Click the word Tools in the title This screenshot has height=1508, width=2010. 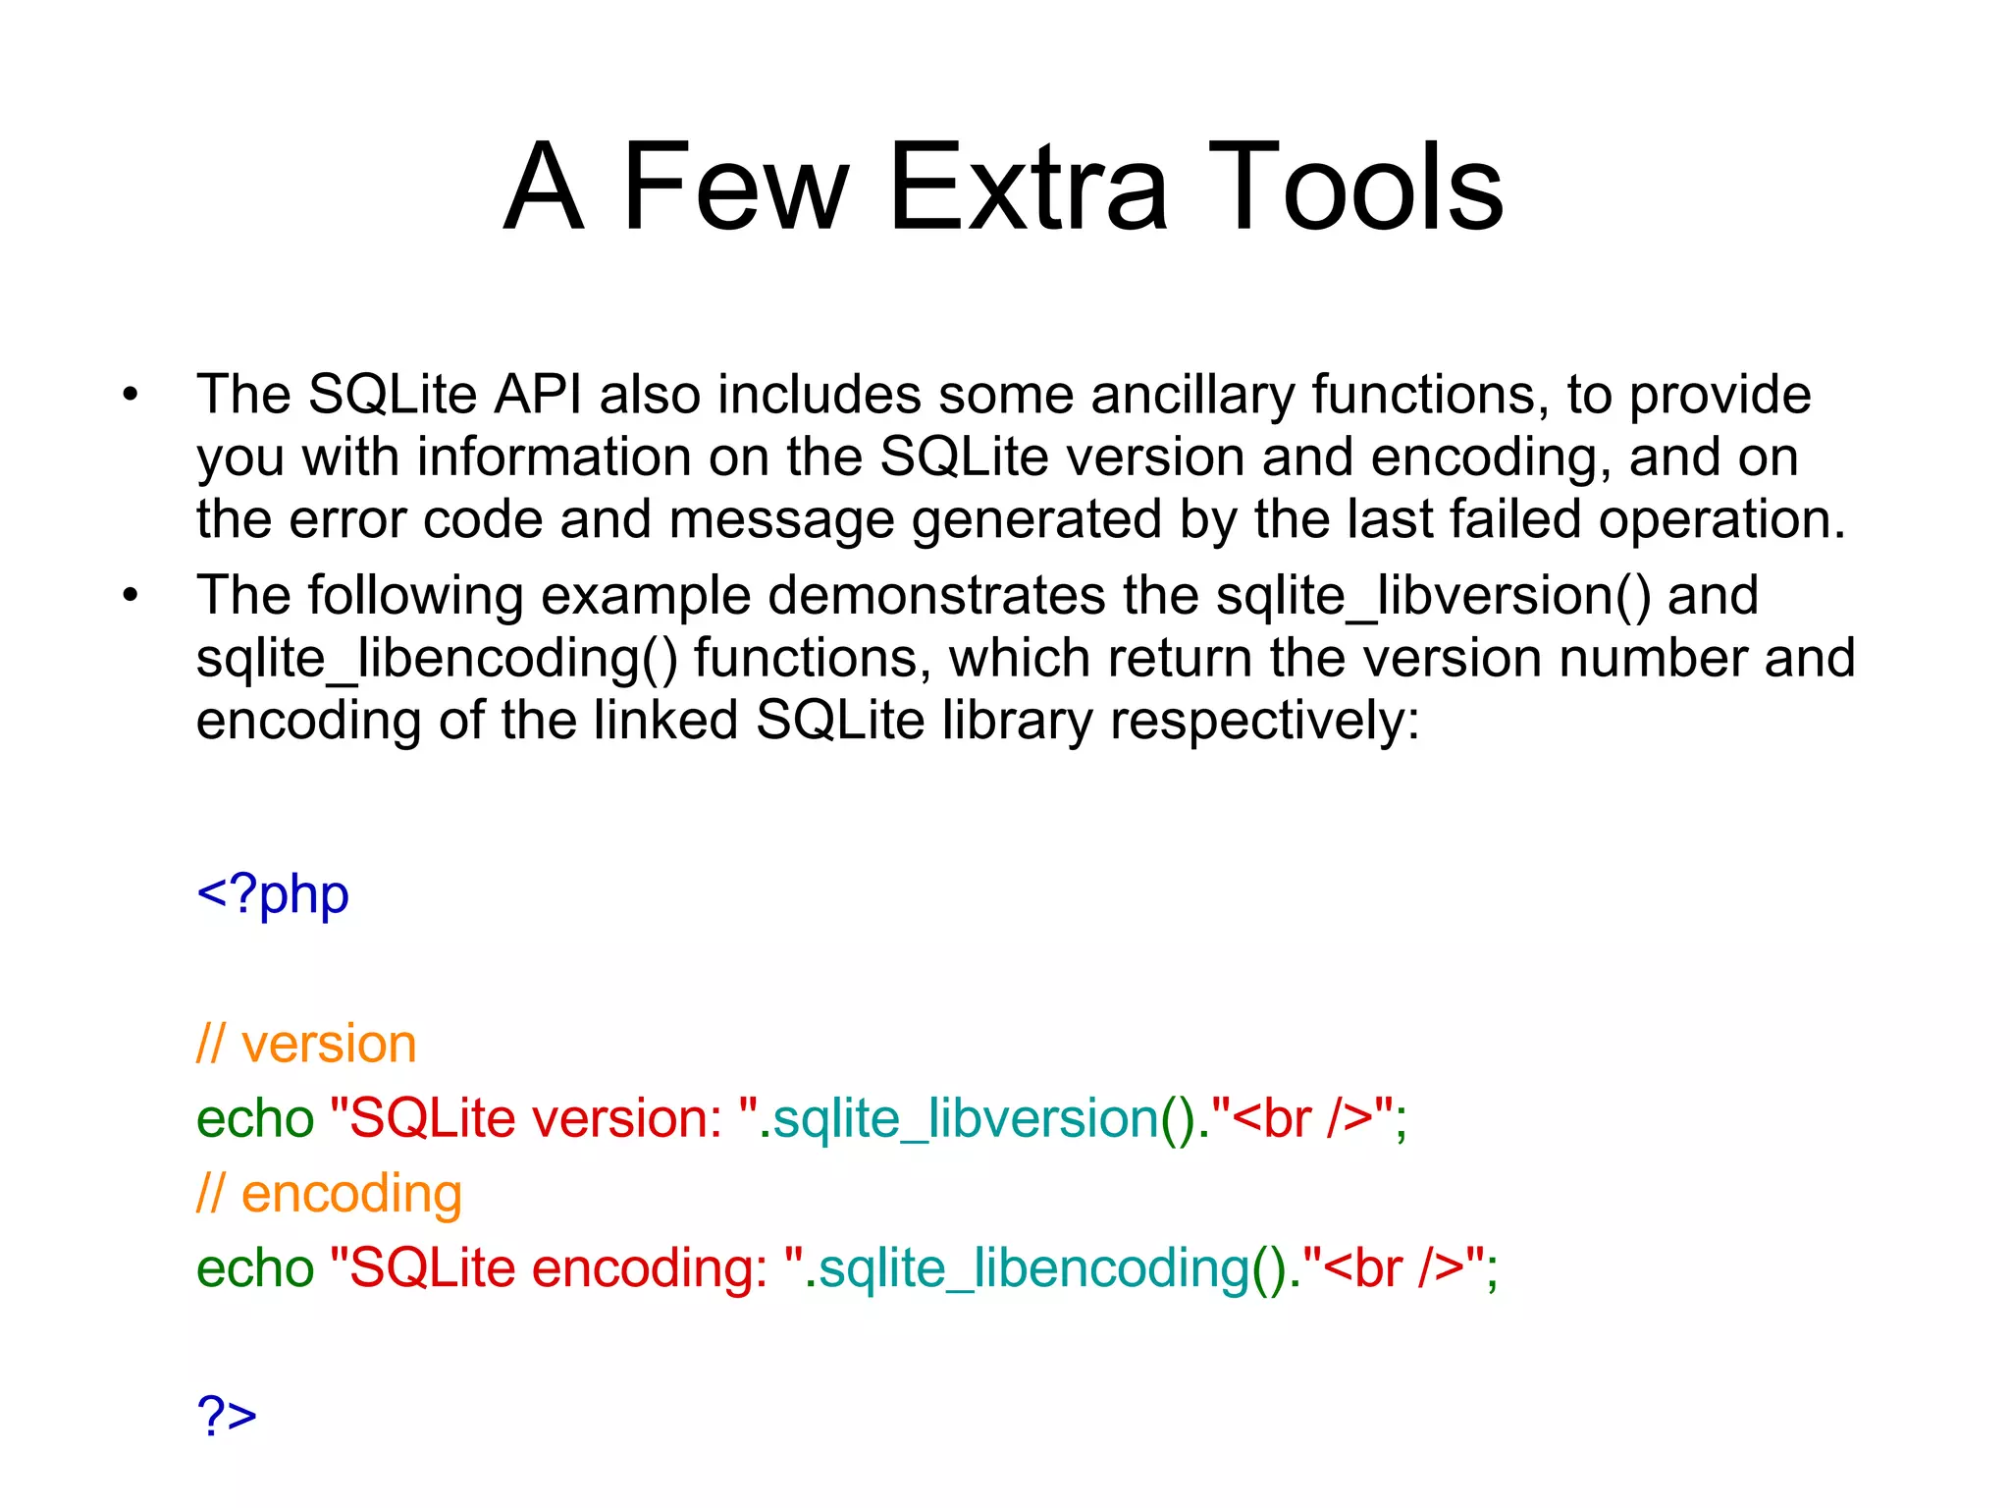1355,187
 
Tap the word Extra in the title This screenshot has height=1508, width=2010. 1028,187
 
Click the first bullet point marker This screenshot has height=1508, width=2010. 132,395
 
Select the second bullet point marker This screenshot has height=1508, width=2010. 132,596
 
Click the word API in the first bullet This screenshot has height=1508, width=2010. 537,395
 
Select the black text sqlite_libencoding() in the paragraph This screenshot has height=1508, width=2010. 437,659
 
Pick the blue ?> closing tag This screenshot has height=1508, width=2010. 227,1417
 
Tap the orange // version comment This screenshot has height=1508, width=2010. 306,1044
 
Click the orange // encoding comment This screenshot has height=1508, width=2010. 329,1195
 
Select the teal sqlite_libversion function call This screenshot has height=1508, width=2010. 966,1119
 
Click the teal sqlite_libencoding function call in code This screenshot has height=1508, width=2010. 1034,1268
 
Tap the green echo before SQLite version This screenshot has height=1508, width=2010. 255,1119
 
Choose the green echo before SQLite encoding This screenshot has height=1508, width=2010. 255,1268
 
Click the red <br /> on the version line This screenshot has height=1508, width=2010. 1301,1119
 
